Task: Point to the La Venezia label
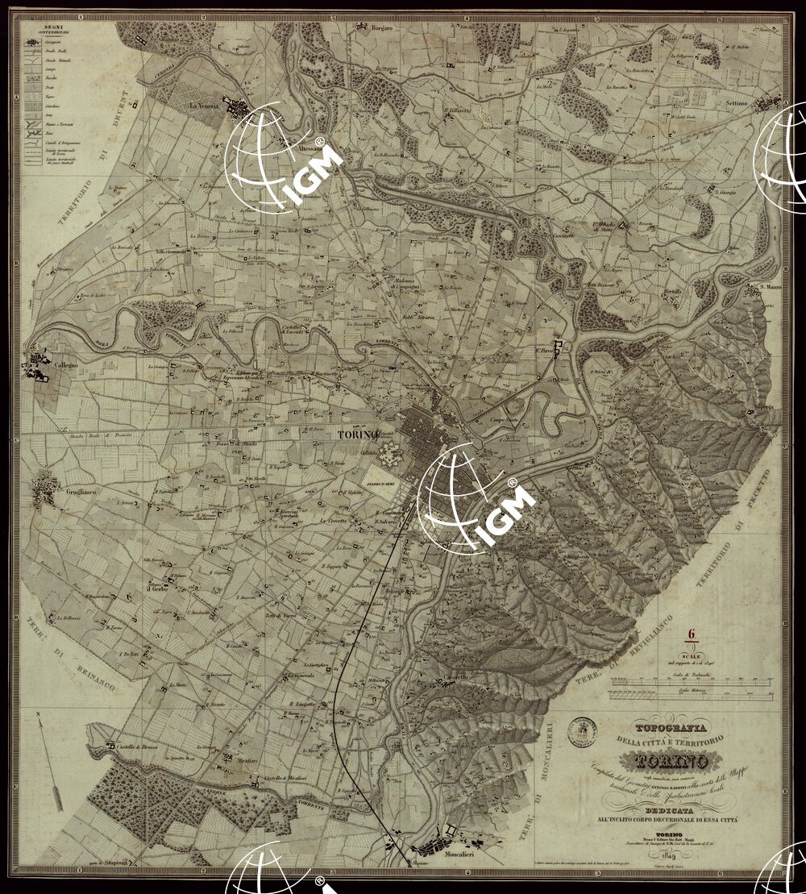[205, 106]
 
